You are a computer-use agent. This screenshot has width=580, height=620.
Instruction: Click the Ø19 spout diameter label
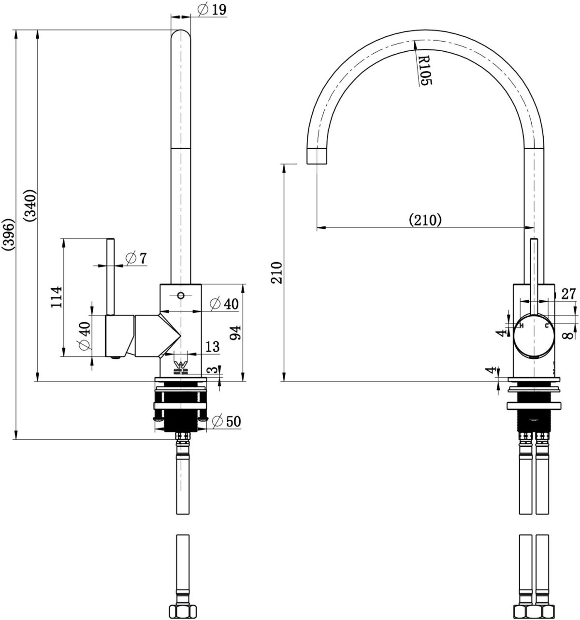[213, 9]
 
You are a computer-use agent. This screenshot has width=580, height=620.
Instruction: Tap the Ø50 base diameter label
[226, 421]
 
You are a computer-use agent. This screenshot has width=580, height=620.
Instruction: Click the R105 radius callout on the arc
[424, 70]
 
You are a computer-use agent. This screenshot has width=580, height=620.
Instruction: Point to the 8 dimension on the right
[570, 334]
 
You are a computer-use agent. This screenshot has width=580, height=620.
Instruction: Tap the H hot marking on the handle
[521, 325]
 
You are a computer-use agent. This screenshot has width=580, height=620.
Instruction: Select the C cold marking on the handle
[547, 325]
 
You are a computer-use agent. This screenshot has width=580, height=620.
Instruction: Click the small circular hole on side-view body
[181, 295]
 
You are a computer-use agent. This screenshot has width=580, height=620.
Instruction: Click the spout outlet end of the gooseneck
[317, 157]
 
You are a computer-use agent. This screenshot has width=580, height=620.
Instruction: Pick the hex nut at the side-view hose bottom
[181, 612]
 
